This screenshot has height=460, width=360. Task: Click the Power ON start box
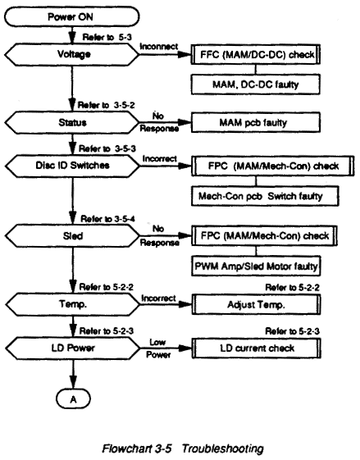[72, 16]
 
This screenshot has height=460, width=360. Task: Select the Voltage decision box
[72, 54]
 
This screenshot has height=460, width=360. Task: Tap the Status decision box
[72, 122]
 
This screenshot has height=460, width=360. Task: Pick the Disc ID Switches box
[72, 166]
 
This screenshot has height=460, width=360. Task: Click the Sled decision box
[73, 236]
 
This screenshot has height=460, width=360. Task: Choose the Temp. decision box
[73, 304]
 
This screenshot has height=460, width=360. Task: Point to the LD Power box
[73, 348]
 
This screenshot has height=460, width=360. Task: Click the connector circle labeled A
[73, 399]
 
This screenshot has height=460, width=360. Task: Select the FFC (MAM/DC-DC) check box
[256, 55]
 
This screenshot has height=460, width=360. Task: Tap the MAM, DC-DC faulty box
[256, 84]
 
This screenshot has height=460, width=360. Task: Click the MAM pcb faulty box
[256, 123]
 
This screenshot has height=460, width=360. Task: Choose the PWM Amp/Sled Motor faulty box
[256, 266]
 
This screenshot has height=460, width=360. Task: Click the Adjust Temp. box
[256, 304]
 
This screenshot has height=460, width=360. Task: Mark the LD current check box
[256, 348]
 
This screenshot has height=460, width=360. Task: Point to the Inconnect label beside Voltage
[159, 47]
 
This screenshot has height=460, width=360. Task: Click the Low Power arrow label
[158, 348]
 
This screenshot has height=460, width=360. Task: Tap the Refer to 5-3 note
[107, 37]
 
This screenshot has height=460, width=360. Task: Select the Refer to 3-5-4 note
[107, 219]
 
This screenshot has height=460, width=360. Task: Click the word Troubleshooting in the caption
[222, 449]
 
